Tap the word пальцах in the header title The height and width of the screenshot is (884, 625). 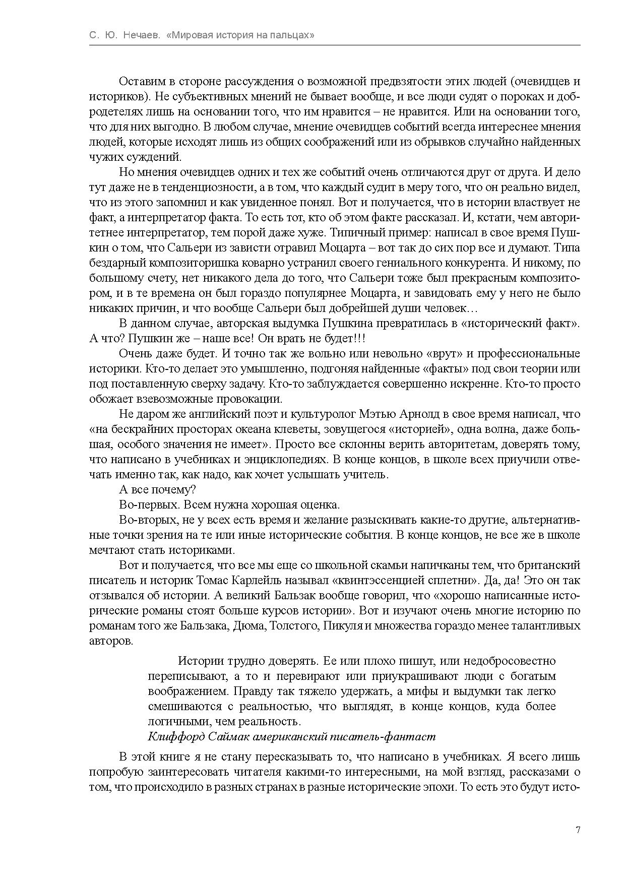coord(291,36)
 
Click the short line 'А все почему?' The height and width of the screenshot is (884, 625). coord(157,490)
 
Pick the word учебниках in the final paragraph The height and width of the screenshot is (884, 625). coord(471,757)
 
